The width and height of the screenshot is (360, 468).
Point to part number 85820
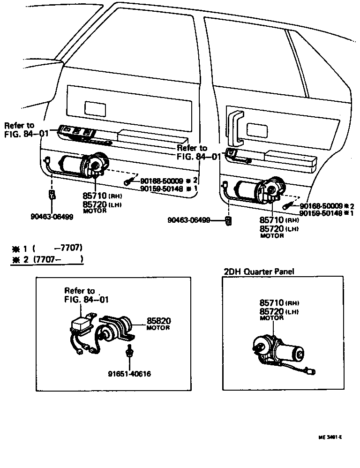[158, 321]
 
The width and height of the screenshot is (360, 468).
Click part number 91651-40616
[131, 374]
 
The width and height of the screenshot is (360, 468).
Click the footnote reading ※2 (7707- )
[47, 259]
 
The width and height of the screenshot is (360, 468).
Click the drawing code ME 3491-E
[330, 437]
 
